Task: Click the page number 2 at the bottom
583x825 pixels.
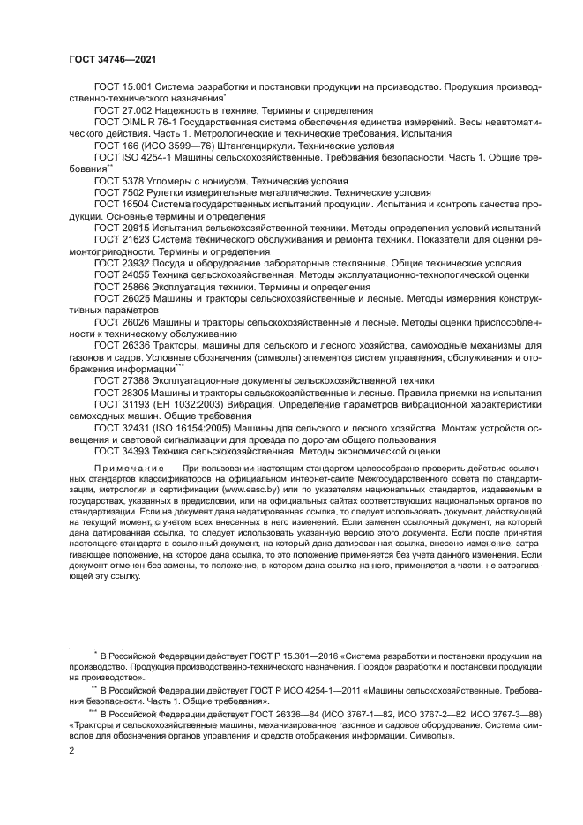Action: point(71,750)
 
